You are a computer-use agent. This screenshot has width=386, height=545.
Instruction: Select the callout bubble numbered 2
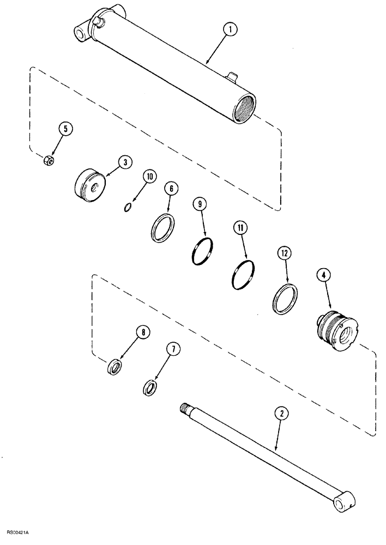point(281,414)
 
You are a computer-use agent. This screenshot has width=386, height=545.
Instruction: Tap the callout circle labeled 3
point(125,162)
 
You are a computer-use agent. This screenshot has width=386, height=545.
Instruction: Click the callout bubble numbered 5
point(66,130)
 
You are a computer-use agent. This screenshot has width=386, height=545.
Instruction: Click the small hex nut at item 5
point(48,160)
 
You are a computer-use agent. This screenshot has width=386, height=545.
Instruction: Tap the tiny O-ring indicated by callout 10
point(128,206)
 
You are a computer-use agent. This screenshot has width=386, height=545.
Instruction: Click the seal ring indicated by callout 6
point(164,227)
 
